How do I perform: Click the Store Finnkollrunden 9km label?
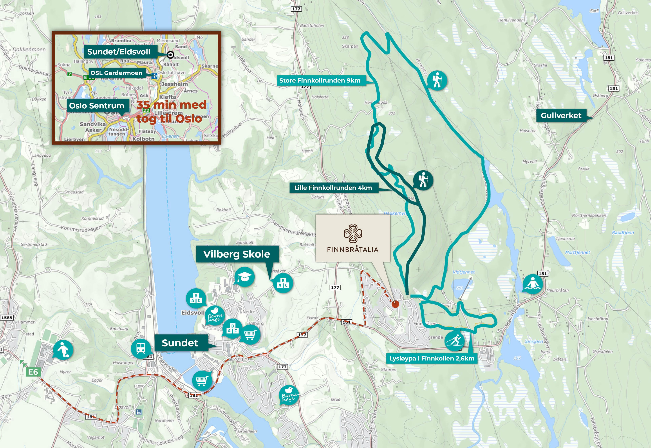click(x=320, y=81)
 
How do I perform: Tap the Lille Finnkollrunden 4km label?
click(x=333, y=188)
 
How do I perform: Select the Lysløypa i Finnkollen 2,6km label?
click(x=432, y=358)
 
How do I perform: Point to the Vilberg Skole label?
click(x=237, y=254)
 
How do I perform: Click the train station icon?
click(x=141, y=348)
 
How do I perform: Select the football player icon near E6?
click(x=63, y=350)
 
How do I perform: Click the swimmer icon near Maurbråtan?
click(x=532, y=284)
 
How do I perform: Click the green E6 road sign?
click(x=33, y=372)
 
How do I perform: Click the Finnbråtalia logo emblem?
click(x=353, y=233)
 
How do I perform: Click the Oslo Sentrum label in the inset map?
click(x=97, y=106)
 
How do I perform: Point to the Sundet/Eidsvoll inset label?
click(x=119, y=52)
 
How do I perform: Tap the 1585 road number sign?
click(x=7, y=318)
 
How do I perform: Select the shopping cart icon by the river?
click(x=202, y=380)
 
